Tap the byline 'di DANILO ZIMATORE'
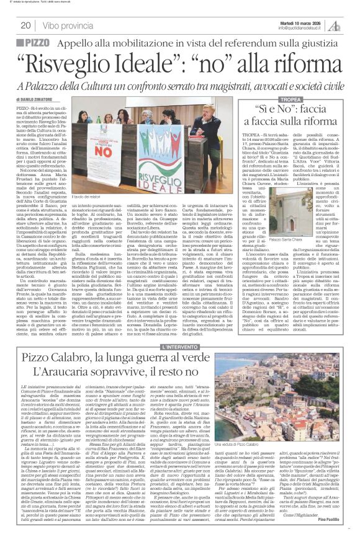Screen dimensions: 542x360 coord(36,99)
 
